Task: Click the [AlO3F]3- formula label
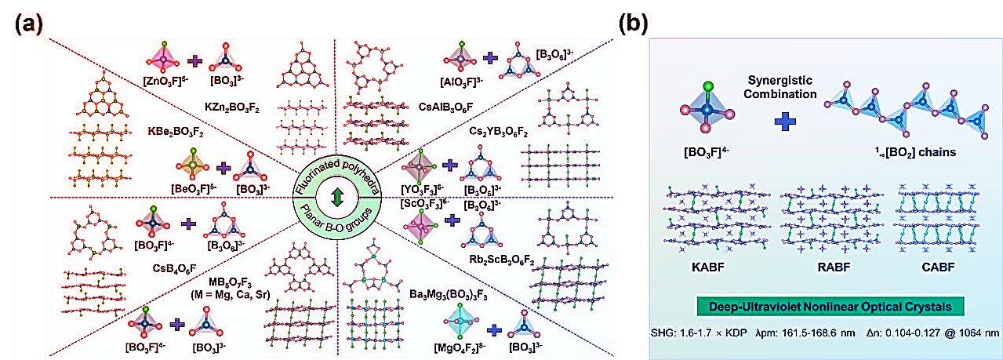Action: pos(463,81)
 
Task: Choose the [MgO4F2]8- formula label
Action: pos(438,345)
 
